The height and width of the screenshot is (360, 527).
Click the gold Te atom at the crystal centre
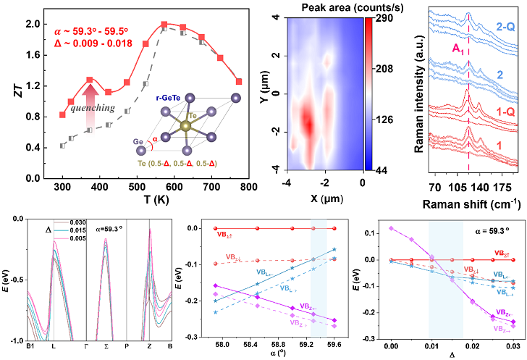point(187,125)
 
